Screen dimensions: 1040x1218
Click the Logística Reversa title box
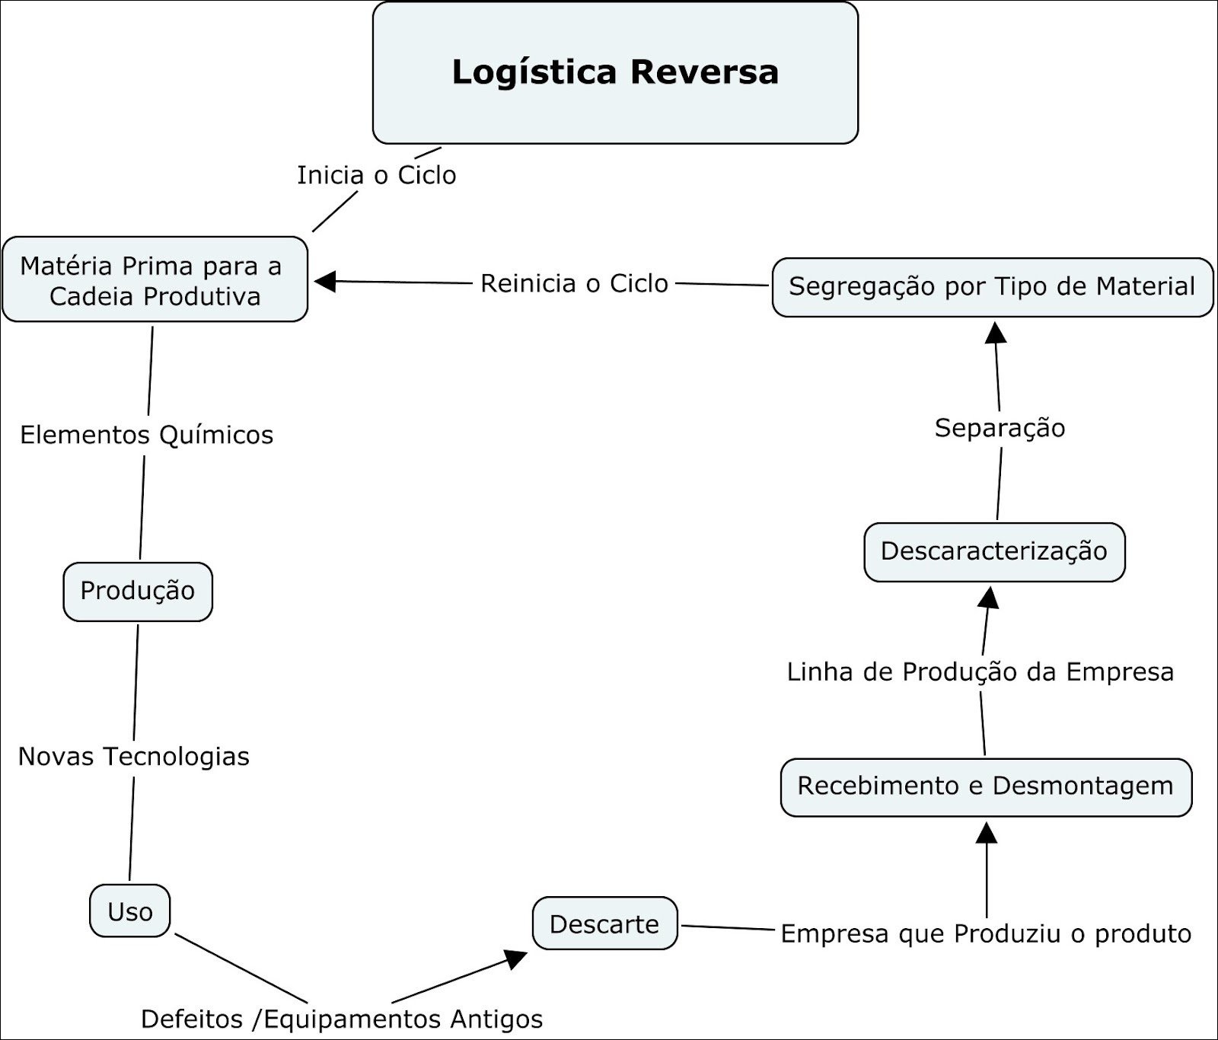click(615, 73)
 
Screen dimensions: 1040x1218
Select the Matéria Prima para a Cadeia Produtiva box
click(155, 279)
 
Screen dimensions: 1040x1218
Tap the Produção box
click(138, 592)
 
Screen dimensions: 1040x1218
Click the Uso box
click(130, 911)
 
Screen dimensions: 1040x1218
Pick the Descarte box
click(604, 924)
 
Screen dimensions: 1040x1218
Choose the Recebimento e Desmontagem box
click(986, 786)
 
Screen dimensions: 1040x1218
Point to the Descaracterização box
click(994, 552)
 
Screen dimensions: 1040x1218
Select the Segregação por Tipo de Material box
click(992, 287)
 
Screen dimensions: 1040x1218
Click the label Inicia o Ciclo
click(377, 175)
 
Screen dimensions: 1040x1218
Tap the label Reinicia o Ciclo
click(574, 283)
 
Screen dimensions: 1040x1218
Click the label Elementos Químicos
click(146, 435)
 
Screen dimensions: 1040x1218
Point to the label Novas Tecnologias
click(134, 757)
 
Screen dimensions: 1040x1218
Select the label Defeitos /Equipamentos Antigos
click(342, 1019)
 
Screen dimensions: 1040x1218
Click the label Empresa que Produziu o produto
click(986, 933)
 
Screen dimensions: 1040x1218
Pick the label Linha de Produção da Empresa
click(980, 672)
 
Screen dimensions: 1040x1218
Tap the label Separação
click(1000, 428)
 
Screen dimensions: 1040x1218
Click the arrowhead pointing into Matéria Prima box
click(324, 281)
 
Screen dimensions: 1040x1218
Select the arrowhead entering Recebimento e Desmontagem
click(987, 831)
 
